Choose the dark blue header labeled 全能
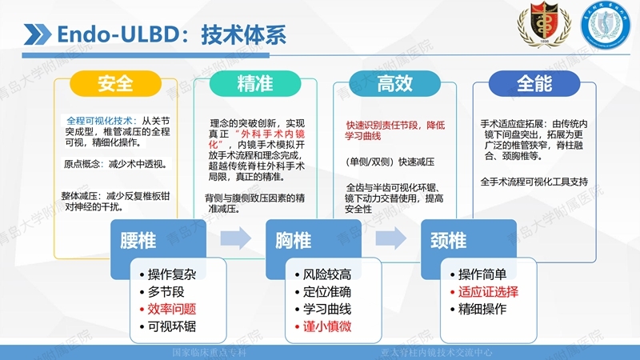click(534, 84)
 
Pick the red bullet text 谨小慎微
click(327, 326)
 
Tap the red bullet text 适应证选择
click(487, 291)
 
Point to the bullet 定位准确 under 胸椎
click(327, 291)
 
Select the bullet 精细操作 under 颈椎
click(482, 309)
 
